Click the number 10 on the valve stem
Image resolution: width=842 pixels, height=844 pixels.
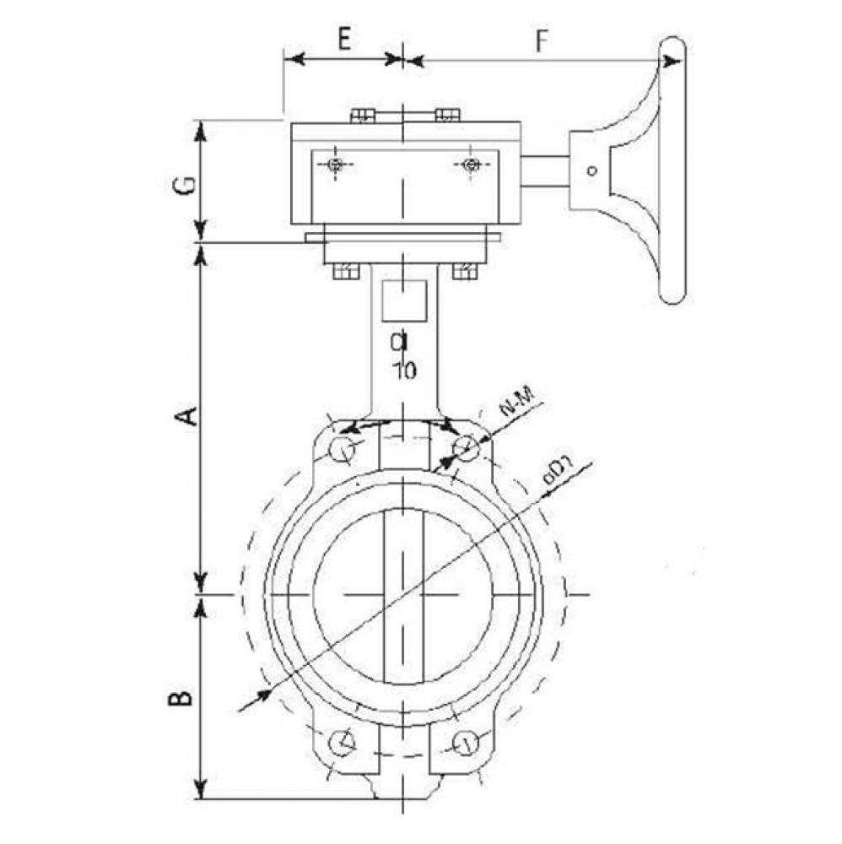404,370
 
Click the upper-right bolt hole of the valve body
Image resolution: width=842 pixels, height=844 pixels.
467,448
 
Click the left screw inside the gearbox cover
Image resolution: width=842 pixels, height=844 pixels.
336,165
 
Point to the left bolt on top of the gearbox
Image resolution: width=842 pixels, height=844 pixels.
362,116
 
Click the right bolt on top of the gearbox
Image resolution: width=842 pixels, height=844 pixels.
447,116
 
